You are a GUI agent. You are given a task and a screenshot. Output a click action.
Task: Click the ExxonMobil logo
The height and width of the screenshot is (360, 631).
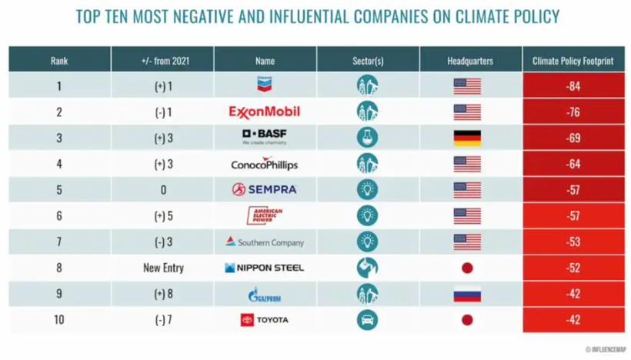pos(265,112)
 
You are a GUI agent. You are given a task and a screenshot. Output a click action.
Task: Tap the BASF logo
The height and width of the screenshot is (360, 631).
pos(265,137)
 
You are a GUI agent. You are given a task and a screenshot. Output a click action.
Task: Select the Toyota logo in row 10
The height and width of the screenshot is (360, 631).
pos(265,320)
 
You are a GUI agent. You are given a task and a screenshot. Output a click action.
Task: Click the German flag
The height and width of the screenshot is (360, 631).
pos(467,138)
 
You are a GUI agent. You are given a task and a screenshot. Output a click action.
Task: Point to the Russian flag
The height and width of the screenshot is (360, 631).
pos(467,294)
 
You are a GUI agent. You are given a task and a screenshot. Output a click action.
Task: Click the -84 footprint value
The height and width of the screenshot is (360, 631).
pos(573,86)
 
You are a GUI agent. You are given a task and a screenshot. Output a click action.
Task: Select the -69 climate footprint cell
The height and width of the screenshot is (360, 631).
pos(573,138)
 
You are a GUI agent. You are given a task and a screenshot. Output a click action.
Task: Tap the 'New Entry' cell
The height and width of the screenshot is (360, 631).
pos(163,268)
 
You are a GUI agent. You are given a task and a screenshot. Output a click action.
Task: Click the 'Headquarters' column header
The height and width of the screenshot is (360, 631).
pos(470,60)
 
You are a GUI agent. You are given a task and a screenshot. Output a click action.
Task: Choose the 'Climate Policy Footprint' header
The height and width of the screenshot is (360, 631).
pos(573,60)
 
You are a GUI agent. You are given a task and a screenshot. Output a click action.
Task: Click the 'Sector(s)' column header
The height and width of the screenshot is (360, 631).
pos(368,60)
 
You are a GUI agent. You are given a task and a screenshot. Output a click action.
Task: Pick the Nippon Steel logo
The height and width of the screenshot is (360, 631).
pos(265,268)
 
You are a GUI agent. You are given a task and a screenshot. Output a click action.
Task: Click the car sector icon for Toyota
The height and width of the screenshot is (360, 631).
pos(368,320)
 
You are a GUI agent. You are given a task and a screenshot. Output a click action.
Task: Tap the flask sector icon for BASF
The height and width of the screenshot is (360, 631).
pos(368,138)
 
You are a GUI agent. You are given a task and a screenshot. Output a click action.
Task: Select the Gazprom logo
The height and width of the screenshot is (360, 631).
pos(265,295)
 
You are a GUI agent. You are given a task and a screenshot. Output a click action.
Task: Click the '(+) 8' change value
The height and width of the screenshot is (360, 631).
pos(163,294)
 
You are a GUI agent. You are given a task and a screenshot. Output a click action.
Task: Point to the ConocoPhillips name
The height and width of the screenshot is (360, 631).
pos(265,164)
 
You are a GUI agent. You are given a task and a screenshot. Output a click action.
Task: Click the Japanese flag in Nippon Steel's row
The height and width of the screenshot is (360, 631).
pos(467,268)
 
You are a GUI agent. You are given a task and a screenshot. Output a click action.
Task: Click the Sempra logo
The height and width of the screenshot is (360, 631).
pos(265,189)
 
